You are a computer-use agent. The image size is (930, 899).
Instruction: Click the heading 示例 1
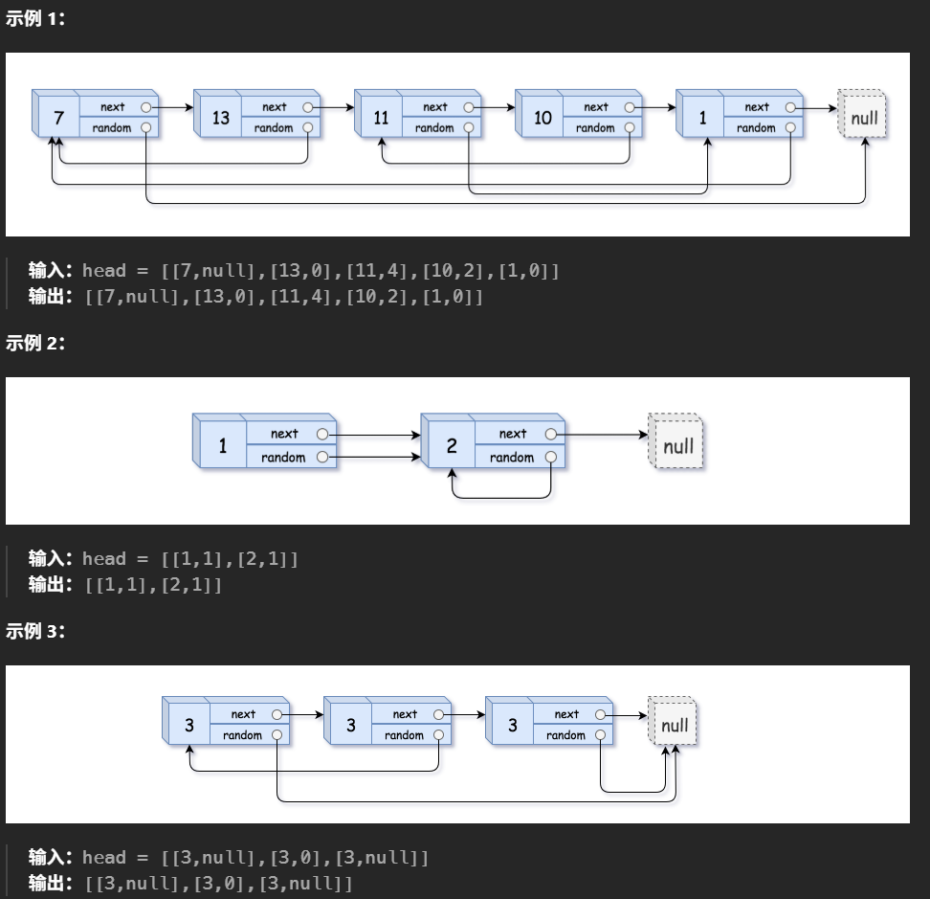click(35, 18)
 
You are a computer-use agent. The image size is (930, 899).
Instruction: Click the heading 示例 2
click(35, 343)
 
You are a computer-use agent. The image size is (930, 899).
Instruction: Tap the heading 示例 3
click(35, 631)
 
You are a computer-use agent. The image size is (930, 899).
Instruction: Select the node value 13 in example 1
click(221, 118)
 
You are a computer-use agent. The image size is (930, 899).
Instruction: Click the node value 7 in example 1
click(59, 118)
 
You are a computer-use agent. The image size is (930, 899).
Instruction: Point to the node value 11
click(382, 118)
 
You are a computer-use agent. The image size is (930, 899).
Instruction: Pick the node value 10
click(542, 118)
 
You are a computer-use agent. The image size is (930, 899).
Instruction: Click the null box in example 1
click(864, 118)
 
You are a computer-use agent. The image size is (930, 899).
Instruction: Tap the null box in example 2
click(678, 446)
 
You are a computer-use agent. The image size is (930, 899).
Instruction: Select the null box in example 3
click(675, 726)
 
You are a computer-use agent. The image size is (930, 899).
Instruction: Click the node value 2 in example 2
click(452, 446)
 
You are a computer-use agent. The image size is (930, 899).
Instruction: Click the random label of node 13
click(274, 128)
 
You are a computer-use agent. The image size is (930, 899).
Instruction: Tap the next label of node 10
click(595, 107)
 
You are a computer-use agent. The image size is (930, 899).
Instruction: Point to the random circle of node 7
click(146, 127)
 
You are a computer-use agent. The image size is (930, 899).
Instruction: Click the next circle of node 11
click(468, 107)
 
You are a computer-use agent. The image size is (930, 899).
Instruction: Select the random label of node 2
click(512, 458)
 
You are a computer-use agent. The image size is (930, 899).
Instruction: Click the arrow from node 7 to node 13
click(172, 107)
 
